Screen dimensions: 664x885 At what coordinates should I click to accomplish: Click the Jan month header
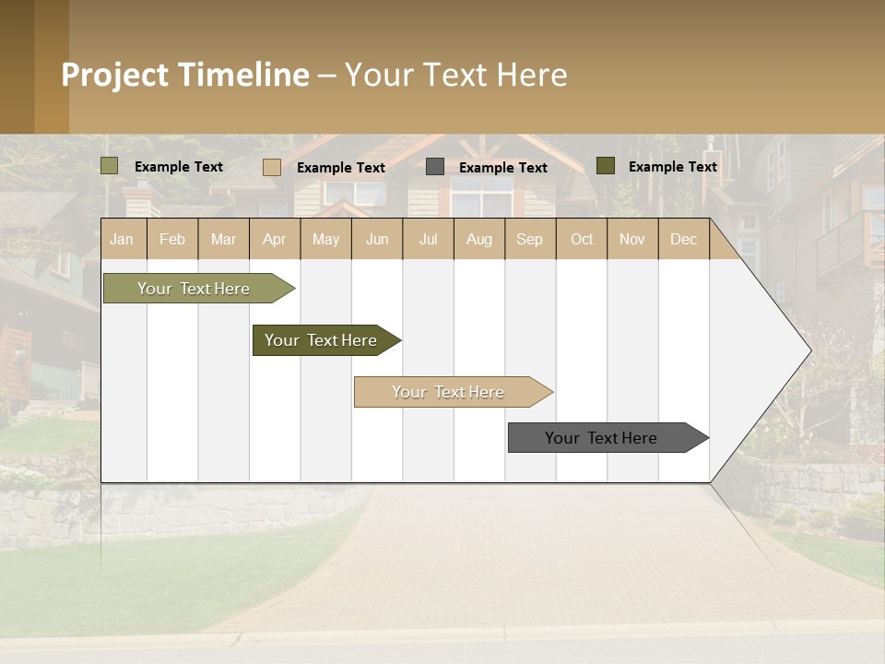pos(122,239)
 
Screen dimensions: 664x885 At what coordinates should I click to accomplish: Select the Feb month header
pos(172,239)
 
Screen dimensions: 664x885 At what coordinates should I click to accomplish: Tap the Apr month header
pos(274,239)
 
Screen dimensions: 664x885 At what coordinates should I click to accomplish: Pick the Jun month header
pos(377,239)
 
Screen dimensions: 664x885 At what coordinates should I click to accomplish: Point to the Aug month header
pos(478,239)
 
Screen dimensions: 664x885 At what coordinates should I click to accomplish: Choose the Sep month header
pos(529,239)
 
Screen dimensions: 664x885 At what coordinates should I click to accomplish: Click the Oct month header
pos(582,239)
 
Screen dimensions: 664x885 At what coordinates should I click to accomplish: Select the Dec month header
pos(683,239)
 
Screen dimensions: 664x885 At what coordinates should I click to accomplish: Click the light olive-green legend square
pos(110,166)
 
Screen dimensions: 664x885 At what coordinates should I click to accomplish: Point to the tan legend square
pos(272,167)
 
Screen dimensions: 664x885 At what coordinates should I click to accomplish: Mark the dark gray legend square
pos(435,167)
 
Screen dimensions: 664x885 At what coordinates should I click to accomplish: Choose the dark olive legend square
pos(605,166)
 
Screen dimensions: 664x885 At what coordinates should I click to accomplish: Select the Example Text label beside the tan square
pos(341,168)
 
